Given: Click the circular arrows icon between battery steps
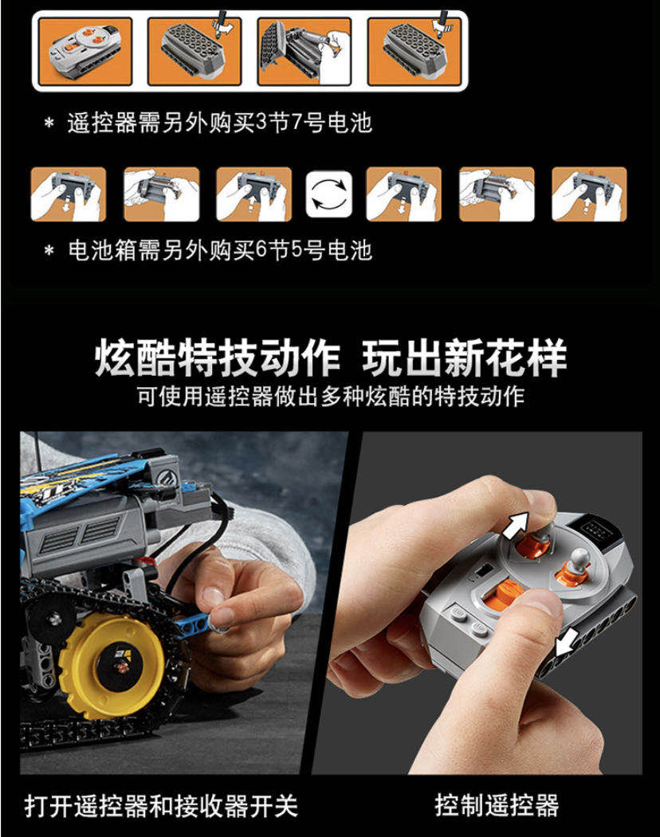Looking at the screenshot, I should tap(330, 194).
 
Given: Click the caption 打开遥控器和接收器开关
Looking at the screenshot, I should tap(161, 805).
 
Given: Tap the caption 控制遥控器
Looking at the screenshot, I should tap(497, 804).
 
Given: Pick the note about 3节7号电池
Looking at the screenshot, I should tap(219, 123).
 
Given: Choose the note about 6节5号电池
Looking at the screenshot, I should tap(219, 250).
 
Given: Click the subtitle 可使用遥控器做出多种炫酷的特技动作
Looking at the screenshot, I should tap(330, 396).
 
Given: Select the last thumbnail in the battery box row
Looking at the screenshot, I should tap(589, 194).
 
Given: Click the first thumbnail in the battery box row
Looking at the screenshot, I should tap(68, 194).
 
